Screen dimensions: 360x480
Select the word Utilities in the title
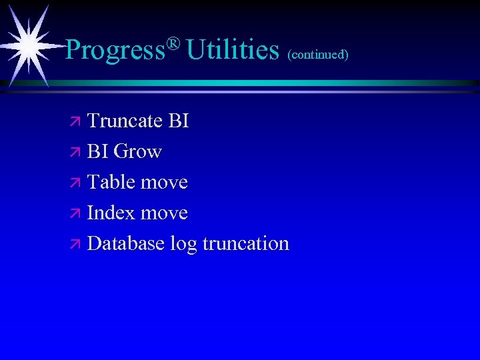point(233,50)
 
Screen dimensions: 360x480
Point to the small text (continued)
point(318,54)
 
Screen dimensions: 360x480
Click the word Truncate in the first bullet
point(125,121)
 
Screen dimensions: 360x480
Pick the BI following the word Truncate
point(179,121)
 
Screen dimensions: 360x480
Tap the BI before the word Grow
point(98,152)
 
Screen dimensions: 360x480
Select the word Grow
point(138,152)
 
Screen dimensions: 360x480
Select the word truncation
point(245,244)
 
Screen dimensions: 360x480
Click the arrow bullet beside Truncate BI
point(75,122)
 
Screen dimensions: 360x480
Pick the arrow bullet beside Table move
point(75,183)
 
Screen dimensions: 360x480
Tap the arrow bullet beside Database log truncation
point(75,245)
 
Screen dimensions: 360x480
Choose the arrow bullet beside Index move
point(75,214)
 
